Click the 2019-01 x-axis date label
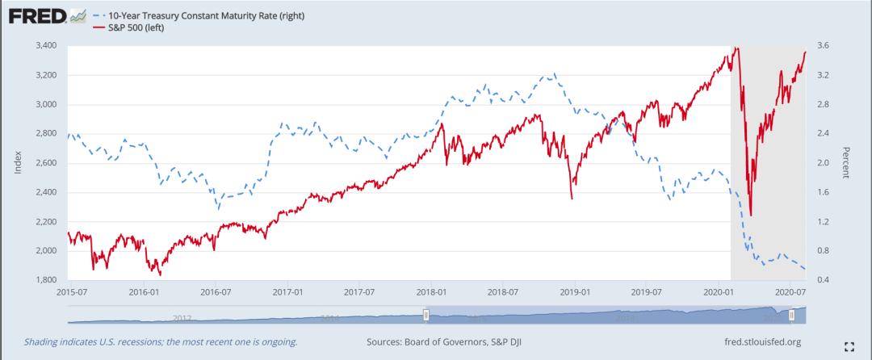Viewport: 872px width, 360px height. (574, 290)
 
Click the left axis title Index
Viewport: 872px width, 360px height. (18, 163)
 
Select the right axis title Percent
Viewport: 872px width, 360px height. (845, 163)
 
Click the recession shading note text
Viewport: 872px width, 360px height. (161, 342)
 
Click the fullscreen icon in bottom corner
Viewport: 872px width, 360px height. (848, 347)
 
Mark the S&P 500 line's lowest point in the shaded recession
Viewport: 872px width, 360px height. (751, 215)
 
